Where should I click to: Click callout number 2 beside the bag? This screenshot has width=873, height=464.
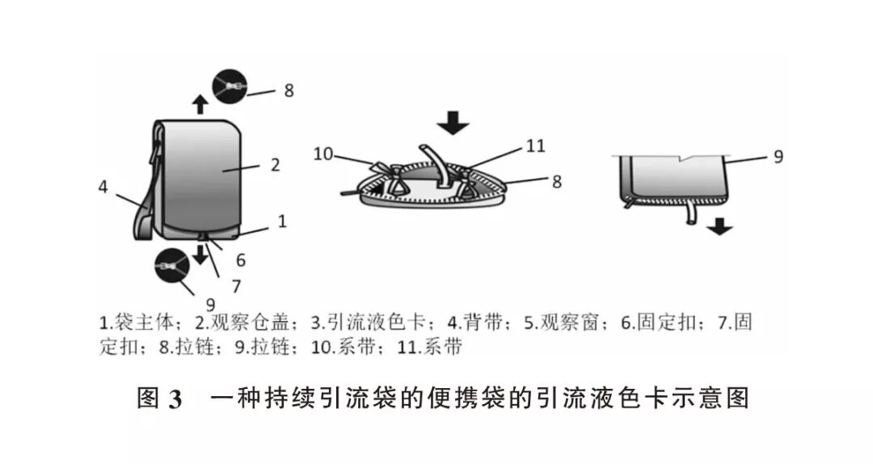tap(275, 165)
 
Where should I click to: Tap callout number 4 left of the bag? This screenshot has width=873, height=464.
tap(103, 186)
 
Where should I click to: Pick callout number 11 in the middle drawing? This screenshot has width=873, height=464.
tap(535, 146)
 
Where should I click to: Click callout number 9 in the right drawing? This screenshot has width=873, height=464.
tap(778, 157)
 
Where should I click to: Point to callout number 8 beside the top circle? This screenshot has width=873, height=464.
tap(289, 90)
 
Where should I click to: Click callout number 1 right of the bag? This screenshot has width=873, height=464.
tap(282, 219)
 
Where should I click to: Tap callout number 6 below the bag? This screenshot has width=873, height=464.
tap(241, 260)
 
